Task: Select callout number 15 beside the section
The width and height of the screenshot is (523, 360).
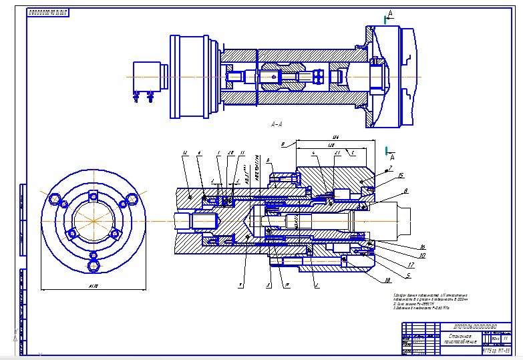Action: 399,175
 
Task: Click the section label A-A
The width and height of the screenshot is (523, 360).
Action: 277,124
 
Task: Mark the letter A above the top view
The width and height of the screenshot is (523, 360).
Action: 391,13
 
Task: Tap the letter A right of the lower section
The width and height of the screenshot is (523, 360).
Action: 392,156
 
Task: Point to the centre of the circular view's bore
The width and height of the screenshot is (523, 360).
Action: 94,220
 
